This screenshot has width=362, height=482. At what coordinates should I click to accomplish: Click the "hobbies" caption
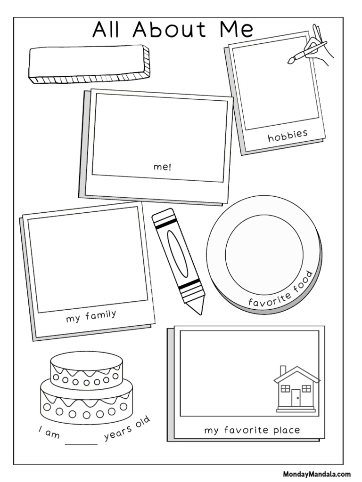(288, 136)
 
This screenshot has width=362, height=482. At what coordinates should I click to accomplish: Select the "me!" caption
(163, 167)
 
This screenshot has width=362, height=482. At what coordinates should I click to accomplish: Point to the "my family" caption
(91, 316)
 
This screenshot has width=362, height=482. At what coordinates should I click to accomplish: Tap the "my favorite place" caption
(252, 430)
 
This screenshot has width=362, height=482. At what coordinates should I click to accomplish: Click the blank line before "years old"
(81, 443)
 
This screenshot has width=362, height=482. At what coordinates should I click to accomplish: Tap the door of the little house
(296, 399)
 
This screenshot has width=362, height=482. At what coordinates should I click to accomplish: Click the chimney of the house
(283, 371)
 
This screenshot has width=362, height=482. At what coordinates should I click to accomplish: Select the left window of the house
(284, 389)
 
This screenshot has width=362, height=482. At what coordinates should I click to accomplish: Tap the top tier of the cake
(86, 368)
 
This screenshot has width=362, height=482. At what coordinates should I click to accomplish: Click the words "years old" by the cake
(127, 429)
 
